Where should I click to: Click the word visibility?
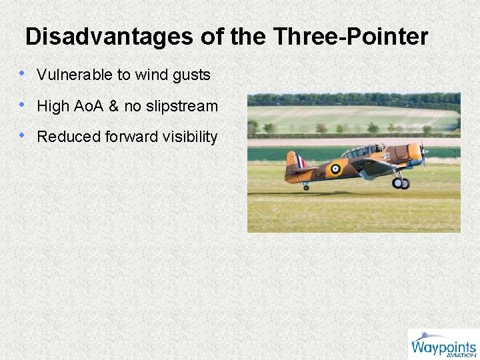pyautogui.click(x=191, y=137)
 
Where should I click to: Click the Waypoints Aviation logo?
pyautogui.click(x=443, y=345)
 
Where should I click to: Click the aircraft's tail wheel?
pyautogui.click(x=306, y=187)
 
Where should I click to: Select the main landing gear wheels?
pyautogui.click(x=401, y=182)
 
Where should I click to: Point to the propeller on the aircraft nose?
pyautogui.click(x=423, y=153)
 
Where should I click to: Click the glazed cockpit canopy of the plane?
pyautogui.click(x=363, y=151)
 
